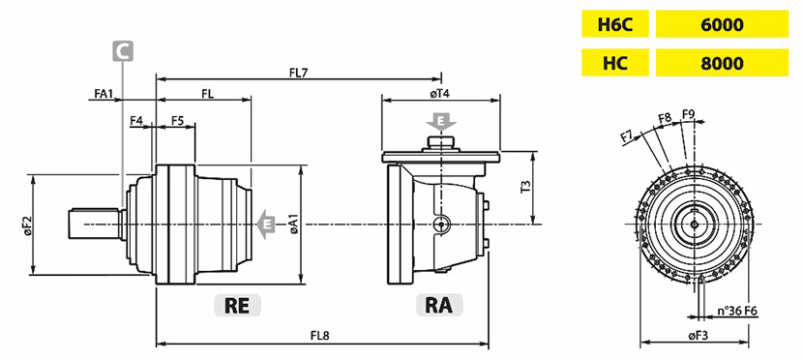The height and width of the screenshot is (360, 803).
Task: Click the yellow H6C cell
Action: pos(614,24)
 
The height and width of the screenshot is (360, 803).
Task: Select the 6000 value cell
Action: pos(722,24)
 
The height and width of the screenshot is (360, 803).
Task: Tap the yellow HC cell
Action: pos(614,63)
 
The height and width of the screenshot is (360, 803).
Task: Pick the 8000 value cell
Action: pos(722,63)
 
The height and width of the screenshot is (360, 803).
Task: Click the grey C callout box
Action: pos(123,51)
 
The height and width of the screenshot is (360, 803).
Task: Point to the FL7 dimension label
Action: pos(298,73)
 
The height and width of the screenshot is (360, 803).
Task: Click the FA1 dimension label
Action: pos(104,94)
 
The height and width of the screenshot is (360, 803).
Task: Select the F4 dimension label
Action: pos(136,121)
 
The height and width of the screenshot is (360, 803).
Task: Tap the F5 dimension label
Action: pos(177,121)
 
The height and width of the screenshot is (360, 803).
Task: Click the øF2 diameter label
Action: pos(27,225)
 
